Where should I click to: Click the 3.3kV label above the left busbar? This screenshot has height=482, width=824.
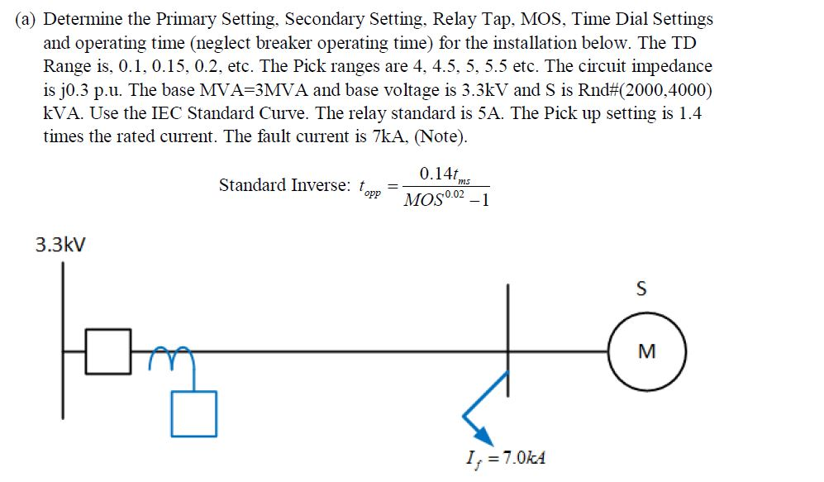(x=60, y=245)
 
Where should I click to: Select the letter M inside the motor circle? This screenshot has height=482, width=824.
(x=647, y=351)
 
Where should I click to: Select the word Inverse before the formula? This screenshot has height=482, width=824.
(x=318, y=185)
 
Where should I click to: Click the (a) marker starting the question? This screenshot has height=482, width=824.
(x=26, y=19)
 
